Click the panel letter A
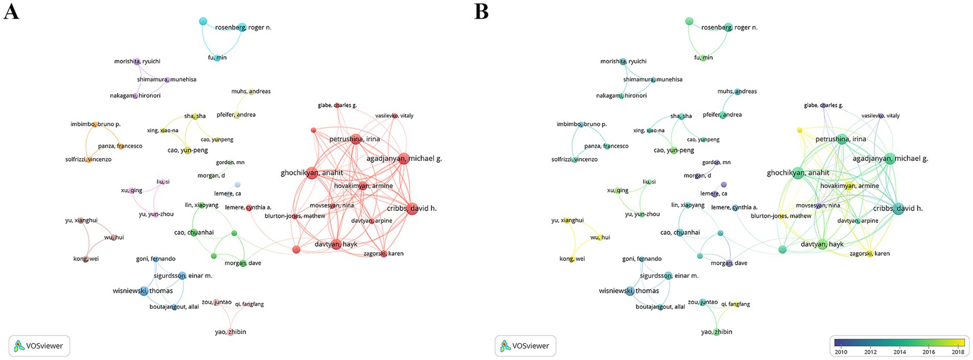tap(11, 11)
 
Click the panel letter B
tap(481, 11)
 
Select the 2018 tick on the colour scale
tap(958, 352)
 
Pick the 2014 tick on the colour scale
tap(899, 352)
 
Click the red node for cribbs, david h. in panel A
tap(412, 209)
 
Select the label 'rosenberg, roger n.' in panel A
tap(243, 28)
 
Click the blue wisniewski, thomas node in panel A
tap(144, 291)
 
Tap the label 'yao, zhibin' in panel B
tap(716, 332)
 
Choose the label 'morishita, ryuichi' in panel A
tap(137, 61)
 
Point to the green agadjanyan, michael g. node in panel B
tap(889, 159)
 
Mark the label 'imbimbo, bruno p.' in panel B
tap(581, 124)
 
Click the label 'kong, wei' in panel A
tap(86, 259)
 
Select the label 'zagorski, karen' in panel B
tap(869, 254)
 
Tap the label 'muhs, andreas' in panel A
tap(251, 92)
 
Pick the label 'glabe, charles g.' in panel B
tap(823, 105)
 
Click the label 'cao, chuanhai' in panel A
tap(194, 233)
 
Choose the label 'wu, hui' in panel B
tap(600, 237)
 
